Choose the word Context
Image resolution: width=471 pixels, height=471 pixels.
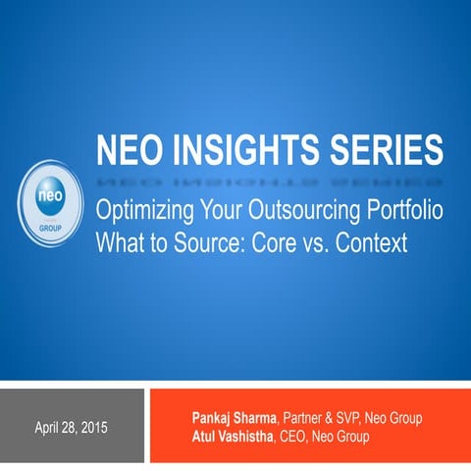tap(367, 242)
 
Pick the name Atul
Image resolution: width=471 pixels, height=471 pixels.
tap(207, 437)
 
